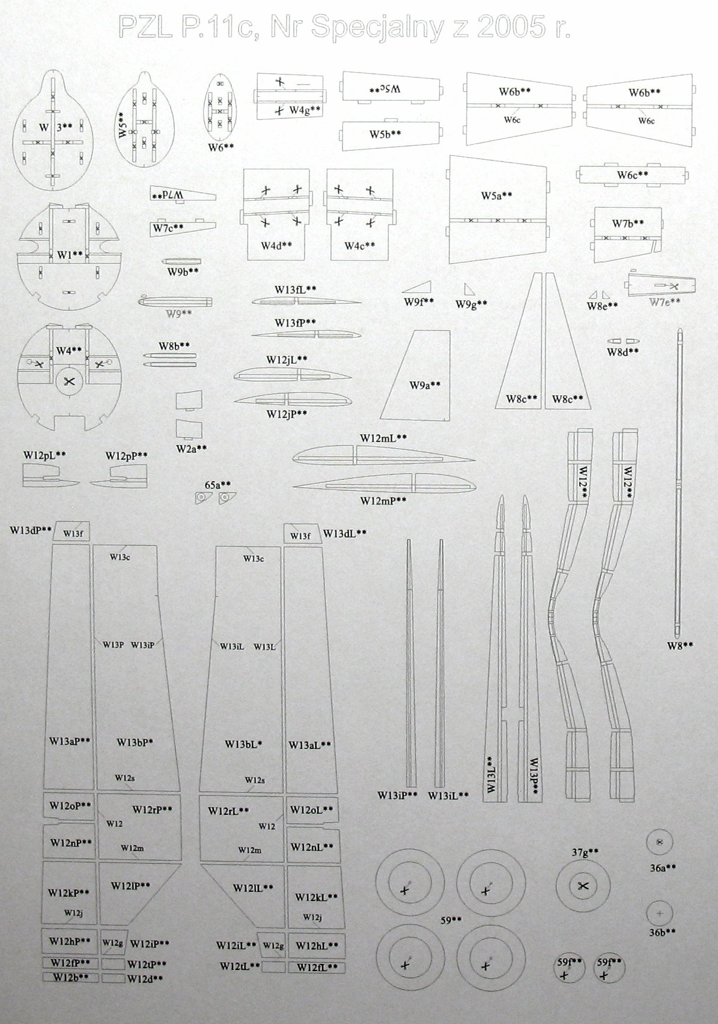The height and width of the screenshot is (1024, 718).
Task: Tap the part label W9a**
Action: [425, 385]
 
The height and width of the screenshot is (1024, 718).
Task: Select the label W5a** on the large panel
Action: [496, 196]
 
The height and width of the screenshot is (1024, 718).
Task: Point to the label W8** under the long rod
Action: [680, 646]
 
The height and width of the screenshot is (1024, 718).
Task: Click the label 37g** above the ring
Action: [585, 852]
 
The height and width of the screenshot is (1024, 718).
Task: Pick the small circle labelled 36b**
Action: [660, 913]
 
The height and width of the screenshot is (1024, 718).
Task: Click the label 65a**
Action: [218, 485]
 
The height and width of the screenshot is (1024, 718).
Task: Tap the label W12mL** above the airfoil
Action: [383, 438]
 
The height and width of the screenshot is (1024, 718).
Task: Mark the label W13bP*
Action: [135, 742]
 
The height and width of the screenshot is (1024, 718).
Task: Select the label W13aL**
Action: [310, 745]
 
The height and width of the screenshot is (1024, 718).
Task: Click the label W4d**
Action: [276, 246]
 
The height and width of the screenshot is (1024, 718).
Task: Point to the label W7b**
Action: [628, 223]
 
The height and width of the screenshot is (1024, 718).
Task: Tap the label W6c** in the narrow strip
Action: [632, 175]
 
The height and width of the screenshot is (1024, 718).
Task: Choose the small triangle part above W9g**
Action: [469, 289]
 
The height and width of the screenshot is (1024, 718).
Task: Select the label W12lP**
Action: [130, 886]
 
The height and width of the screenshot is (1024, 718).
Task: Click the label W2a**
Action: [192, 448]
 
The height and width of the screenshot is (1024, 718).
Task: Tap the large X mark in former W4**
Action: [70, 381]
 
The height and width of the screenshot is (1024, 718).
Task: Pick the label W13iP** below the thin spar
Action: [397, 796]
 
